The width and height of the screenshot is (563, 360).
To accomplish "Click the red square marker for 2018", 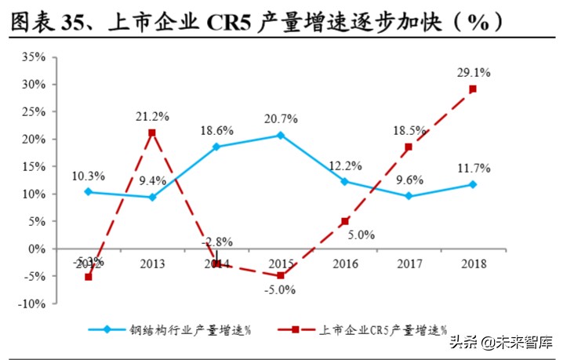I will coord(473,89).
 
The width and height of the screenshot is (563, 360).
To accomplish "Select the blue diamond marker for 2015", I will coord(280,135).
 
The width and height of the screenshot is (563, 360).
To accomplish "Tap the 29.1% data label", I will coord(474,72).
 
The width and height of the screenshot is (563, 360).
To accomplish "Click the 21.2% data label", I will coord(151,116).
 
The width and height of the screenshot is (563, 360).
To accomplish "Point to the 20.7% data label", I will coord(280,118).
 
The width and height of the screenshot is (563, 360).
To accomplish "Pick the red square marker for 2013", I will coord(151,133).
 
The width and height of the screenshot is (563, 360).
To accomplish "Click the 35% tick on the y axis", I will coord(35,57).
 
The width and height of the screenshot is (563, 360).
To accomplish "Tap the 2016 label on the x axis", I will coord(343,264).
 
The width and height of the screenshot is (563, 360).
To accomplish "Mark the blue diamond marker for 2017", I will coord(409,196).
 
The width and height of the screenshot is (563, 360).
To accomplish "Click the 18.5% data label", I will coord(409,129).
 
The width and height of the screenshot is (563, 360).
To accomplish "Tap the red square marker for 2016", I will coord(344,222).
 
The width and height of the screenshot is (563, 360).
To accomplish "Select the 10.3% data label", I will coord(88,176).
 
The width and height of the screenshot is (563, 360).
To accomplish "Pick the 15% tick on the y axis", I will coord(35,166).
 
